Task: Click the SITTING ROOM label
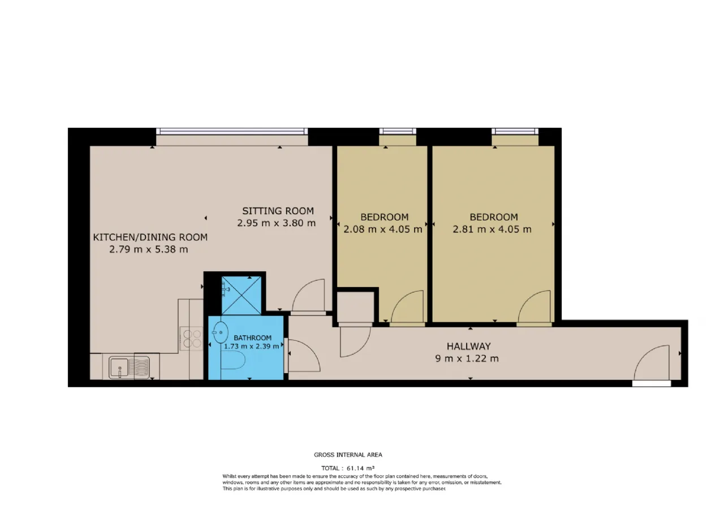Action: tap(278, 211)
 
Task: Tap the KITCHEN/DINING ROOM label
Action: tap(150, 237)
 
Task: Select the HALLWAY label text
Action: tap(469, 347)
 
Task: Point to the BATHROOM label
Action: tap(252, 338)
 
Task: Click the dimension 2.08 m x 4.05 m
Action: tap(383, 229)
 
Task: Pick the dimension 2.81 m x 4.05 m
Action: tap(492, 229)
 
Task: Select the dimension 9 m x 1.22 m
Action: tap(467, 358)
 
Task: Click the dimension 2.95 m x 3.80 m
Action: tap(277, 223)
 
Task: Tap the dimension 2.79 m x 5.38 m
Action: tap(148, 249)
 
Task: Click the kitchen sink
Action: tap(129, 367)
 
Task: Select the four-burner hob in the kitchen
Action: tap(191, 338)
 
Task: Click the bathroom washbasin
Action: tap(221, 332)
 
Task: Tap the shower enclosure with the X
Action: tap(242, 296)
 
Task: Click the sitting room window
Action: tap(232, 131)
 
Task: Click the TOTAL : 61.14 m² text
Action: tap(348, 468)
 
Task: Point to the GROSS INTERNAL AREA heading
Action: tap(348, 455)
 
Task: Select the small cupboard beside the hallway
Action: tap(356, 307)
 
